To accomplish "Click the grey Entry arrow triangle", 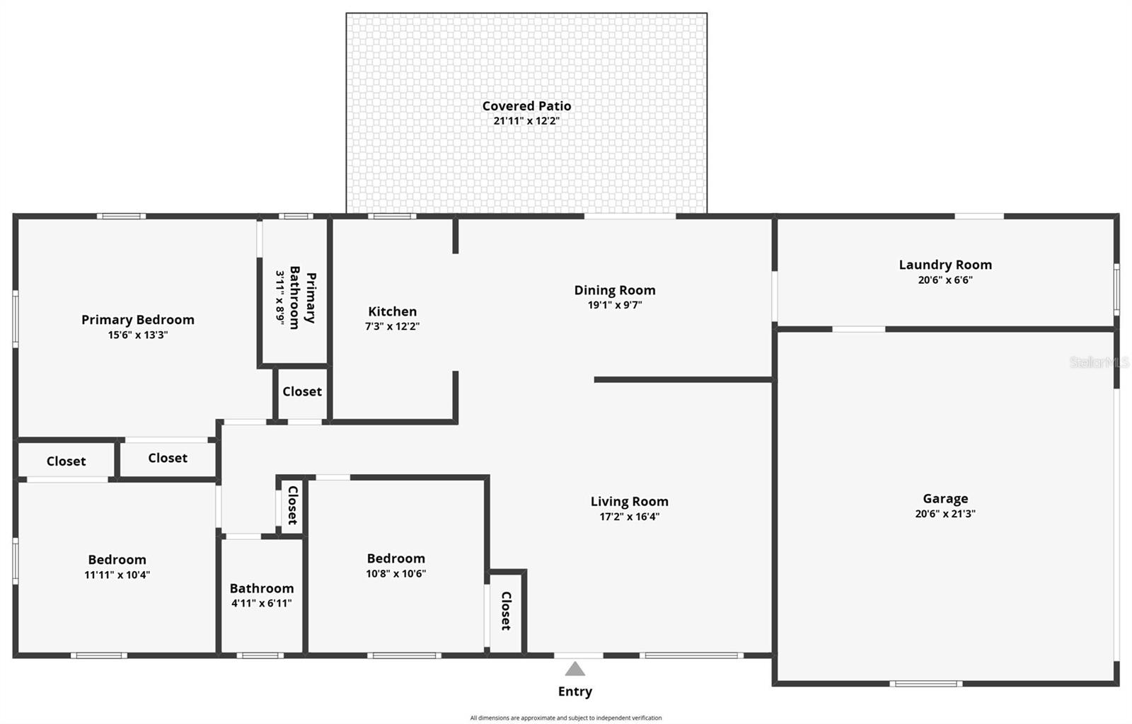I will [x=575, y=669].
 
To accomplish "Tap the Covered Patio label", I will [x=526, y=106].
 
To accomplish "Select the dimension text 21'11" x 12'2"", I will [x=526, y=121].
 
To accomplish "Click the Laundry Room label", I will [x=945, y=265].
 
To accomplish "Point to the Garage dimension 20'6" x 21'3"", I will [x=945, y=514].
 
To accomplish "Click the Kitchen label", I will [x=392, y=311].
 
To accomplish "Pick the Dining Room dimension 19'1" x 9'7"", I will [x=614, y=305].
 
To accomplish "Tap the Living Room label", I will [x=629, y=502].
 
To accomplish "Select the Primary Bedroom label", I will [x=137, y=320].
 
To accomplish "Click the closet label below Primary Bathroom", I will [x=302, y=391].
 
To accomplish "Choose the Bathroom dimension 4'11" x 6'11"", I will [x=261, y=603].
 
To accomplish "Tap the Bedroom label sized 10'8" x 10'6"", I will [x=395, y=558].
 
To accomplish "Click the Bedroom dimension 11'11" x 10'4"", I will [x=117, y=575].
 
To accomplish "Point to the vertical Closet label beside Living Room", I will [x=506, y=611].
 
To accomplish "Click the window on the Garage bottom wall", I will [x=925, y=684].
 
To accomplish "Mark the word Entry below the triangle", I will [x=575, y=691].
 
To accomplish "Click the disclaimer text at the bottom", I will [x=566, y=718].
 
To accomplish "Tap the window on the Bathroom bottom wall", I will [x=260, y=655].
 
